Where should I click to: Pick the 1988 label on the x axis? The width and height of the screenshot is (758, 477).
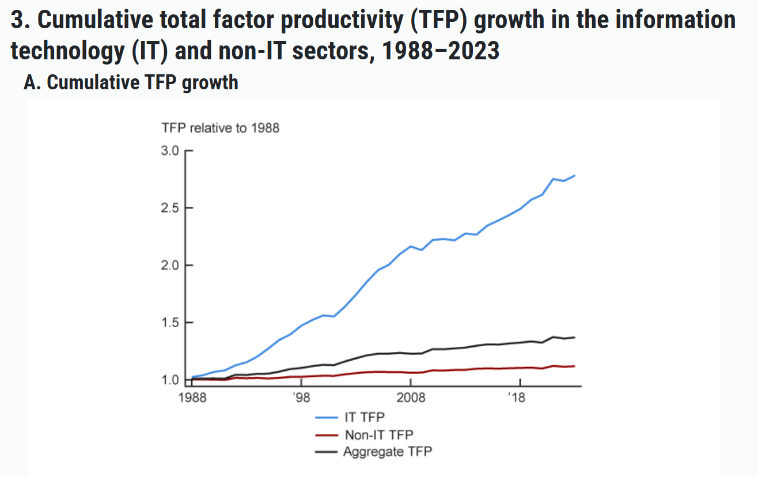[192, 398]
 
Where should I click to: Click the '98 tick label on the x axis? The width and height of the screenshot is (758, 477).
[301, 398]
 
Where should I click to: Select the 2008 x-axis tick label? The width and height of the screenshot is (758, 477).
[411, 398]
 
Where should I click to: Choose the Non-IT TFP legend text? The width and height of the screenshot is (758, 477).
[378, 434]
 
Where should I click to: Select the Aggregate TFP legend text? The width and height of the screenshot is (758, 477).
[387, 452]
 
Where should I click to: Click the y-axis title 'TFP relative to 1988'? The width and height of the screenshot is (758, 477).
[221, 128]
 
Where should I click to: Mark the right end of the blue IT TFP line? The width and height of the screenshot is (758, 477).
[575, 176]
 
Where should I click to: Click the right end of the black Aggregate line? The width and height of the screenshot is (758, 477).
[575, 338]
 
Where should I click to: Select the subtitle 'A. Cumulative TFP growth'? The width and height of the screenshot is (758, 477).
[131, 82]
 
